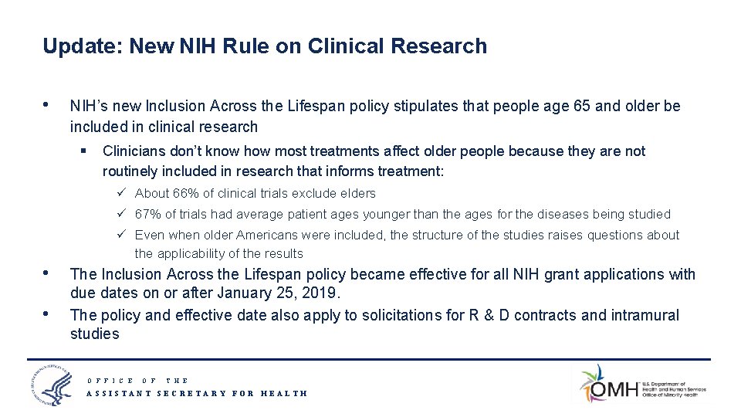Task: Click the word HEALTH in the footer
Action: [x=284, y=393]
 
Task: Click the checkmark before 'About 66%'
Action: [x=123, y=193]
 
